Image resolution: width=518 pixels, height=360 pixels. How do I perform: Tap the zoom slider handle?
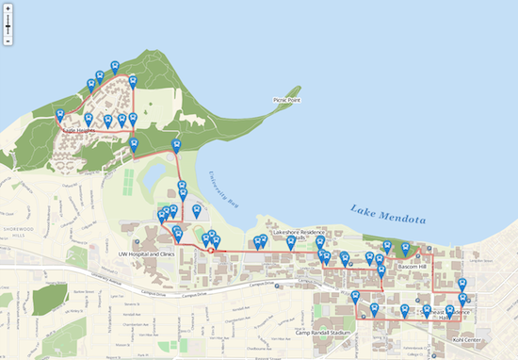[x=8, y=28]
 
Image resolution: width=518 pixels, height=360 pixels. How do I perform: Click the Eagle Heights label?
[x=79, y=130]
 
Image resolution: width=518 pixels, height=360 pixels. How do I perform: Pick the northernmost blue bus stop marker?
[x=115, y=67]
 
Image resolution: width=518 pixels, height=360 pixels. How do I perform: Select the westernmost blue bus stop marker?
[x=60, y=116]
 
